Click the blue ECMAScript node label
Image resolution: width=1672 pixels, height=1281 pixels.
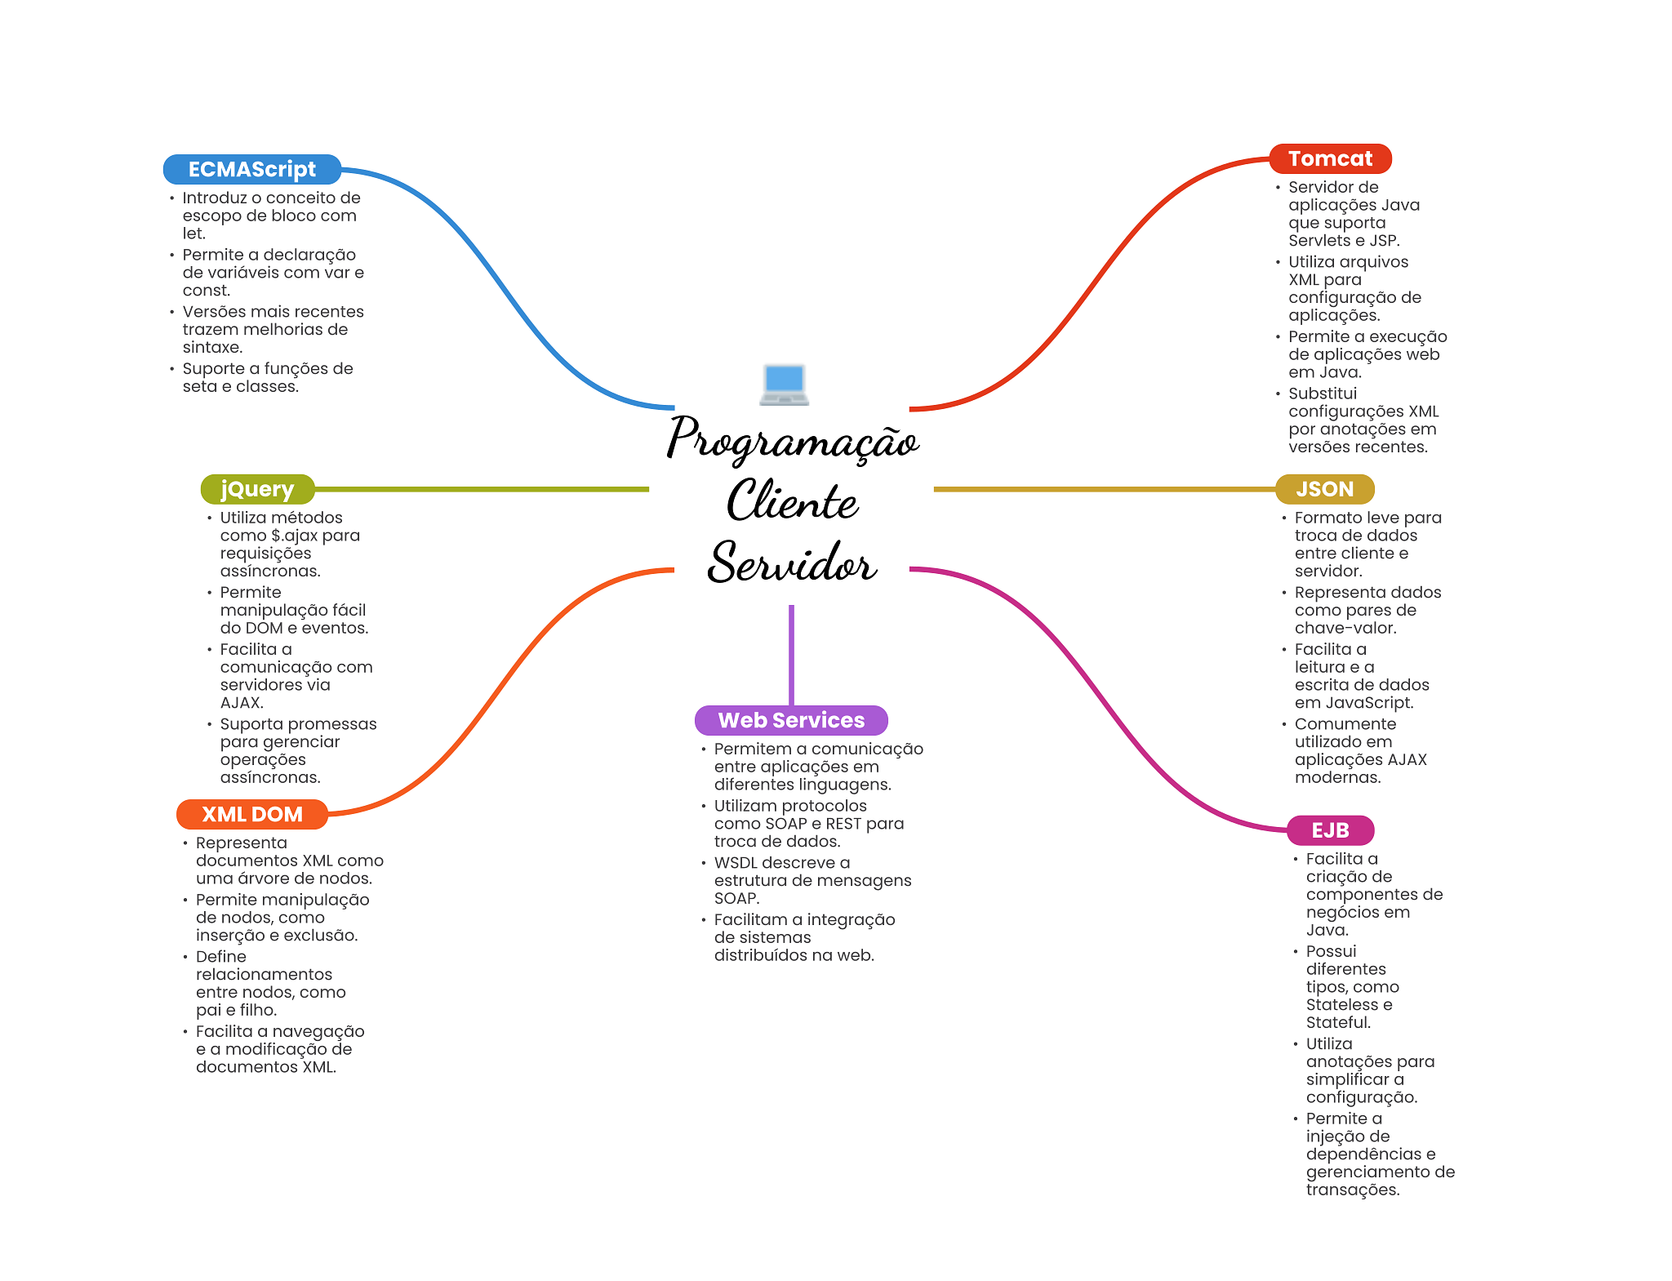(251, 169)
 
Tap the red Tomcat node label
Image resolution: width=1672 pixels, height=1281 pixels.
(1329, 158)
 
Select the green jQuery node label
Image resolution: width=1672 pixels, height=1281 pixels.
(257, 489)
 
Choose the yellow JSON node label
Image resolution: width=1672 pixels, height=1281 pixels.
(1324, 489)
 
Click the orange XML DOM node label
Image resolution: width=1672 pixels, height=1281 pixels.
(251, 814)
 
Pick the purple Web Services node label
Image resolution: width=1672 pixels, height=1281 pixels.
(790, 720)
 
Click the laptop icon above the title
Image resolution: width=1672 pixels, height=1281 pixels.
(784, 385)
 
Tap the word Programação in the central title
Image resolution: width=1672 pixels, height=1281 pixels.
(792, 438)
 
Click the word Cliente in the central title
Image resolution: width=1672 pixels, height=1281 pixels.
(792, 500)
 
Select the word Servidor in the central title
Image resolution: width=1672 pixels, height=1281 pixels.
(792, 563)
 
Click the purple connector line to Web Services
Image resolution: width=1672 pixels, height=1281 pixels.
(791, 653)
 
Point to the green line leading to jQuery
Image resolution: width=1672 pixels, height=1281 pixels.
(482, 489)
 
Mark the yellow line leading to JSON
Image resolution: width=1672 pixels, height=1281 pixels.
(1102, 489)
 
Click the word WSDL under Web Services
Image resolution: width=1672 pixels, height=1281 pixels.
(735, 863)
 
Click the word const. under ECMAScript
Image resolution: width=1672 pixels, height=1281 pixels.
(207, 291)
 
